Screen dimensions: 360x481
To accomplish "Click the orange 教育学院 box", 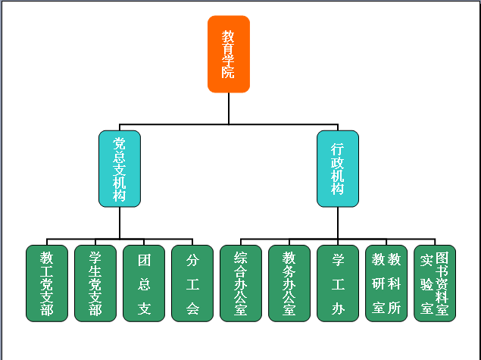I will pos(228,55).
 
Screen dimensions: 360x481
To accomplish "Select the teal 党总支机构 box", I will pos(120,168).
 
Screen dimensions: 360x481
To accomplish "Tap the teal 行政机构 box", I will pos(338,168).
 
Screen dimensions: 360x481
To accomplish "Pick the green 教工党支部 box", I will pos(47,283).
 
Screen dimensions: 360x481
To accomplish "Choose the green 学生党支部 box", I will pos(95,283).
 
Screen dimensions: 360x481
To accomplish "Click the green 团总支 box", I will pos(144,283).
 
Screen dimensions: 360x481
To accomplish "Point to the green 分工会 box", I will pos(192,283).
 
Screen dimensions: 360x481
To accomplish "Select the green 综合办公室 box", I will pos(241,283).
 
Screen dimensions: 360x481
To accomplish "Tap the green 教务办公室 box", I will pos(289,283).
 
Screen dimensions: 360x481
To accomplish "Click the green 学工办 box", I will pos(338,283).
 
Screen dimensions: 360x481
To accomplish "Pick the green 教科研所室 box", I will pos(386,283).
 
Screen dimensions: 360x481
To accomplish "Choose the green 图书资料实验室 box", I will pos(435,283).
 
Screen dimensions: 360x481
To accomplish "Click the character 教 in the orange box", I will pos(228,36).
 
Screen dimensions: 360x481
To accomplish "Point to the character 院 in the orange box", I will pos(228,73).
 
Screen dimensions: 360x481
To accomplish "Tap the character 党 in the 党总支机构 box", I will pos(120,142).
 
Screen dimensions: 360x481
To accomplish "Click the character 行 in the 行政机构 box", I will pos(338,150).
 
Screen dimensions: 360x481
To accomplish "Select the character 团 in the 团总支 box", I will pos(144,261).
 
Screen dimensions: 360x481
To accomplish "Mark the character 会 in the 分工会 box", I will pos(192,308).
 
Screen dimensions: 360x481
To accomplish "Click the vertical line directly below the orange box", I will pos(228,108).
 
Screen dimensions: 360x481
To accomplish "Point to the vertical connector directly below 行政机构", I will pos(338,221).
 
